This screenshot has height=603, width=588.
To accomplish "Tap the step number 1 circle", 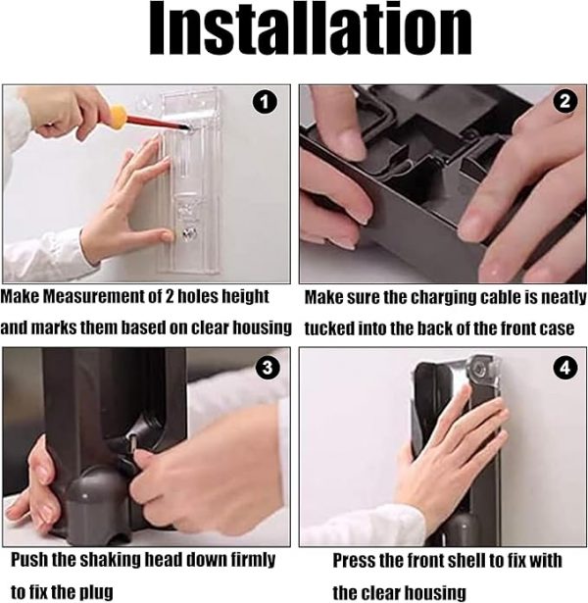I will [x=266, y=101].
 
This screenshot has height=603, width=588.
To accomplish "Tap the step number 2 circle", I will [x=565, y=101].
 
